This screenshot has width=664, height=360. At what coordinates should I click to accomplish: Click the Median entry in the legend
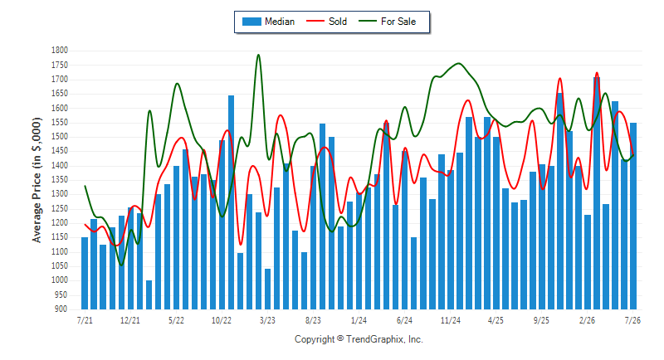[268, 22]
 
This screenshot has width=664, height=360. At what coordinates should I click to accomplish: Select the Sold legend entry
[326, 22]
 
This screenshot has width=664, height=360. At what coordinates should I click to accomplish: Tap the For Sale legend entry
[388, 22]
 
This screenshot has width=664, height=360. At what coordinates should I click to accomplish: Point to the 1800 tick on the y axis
[60, 51]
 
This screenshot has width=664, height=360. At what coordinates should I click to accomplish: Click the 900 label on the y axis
[61, 309]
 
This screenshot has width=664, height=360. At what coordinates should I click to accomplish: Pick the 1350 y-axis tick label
[60, 180]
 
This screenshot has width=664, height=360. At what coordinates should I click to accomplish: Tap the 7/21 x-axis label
[85, 320]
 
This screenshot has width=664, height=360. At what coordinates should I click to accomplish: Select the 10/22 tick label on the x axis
[222, 320]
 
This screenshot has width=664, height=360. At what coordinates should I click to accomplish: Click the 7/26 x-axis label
[632, 320]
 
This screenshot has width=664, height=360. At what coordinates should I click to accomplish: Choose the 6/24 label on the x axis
[404, 320]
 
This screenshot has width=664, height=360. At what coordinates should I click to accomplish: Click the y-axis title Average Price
[37, 180]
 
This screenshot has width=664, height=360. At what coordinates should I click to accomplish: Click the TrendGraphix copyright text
[359, 339]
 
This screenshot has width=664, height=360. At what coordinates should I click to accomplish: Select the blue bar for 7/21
[85, 273]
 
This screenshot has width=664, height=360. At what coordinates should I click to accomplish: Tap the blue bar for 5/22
[177, 238]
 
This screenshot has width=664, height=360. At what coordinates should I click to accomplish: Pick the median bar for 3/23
[267, 289]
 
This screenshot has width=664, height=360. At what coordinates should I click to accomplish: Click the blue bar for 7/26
[633, 216]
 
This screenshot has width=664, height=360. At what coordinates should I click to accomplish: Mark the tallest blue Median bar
[597, 193]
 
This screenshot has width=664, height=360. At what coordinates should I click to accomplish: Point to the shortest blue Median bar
[149, 294]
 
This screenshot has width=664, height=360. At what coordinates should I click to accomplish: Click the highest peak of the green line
[258, 55]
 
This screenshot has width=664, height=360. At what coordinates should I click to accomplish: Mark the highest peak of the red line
[597, 73]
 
